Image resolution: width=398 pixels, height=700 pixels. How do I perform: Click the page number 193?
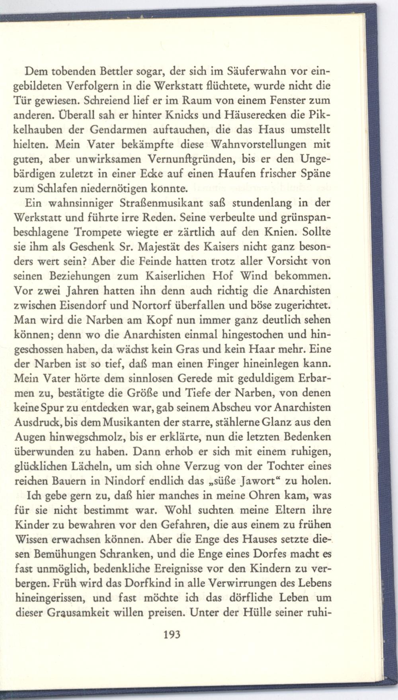(x=172, y=634)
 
